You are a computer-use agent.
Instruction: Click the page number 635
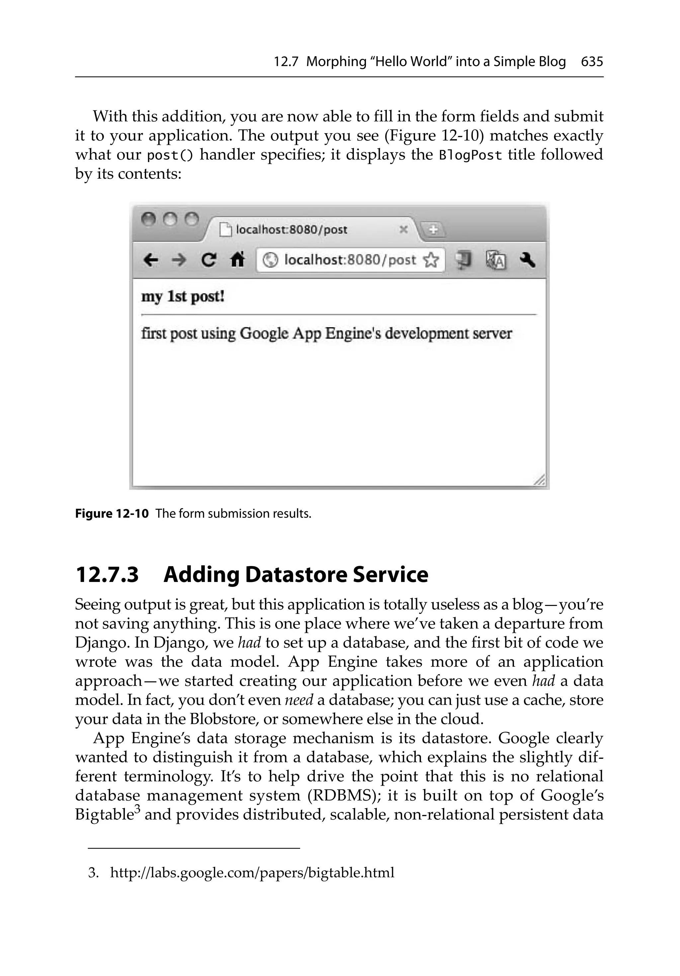(592, 62)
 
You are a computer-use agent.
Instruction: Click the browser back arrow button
(151, 259)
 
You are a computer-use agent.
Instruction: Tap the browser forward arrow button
(179, 259)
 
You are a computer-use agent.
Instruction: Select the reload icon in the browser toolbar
(208, 259)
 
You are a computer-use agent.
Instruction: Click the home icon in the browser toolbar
(237, 259)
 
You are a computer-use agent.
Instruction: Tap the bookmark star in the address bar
(431, 260)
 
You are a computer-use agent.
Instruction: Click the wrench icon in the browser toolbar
(527, 259)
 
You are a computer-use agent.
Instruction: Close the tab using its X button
(404, 230)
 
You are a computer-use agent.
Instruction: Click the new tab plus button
(433, 230)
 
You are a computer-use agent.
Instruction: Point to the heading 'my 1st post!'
(183, 296)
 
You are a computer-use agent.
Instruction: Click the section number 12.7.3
(107, 575)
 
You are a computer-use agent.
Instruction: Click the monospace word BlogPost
(470, 155)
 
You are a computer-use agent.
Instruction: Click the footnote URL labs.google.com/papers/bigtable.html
(252, 873)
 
